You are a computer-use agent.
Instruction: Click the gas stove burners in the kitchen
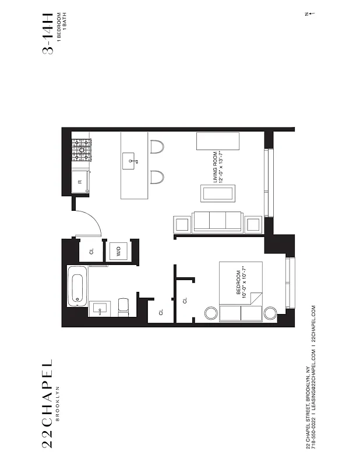tap(81, 150)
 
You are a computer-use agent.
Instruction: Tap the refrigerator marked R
tap(80, 182)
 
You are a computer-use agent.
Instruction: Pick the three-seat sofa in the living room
tap(218, 222)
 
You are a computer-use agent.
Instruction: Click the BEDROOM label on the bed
tap(238, 283)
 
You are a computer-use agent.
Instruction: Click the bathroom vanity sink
tap(99, 308)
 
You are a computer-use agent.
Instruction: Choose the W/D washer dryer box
tap(118, 252)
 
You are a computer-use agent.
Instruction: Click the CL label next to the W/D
tap(91, 252)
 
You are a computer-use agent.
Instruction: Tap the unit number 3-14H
tap(50, 31)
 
